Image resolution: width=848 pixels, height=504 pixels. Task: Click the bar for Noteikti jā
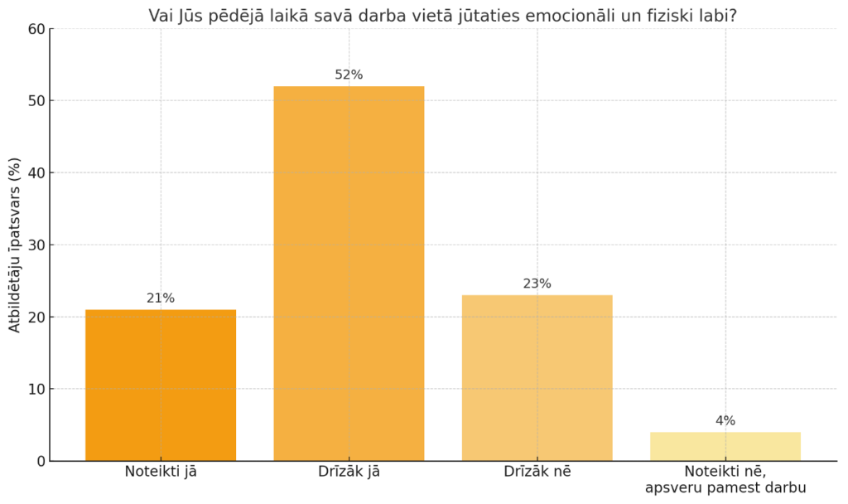pos(161,385)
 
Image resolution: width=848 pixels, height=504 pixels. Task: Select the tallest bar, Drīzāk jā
pos(349,274)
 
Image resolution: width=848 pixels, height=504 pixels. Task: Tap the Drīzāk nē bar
pos(537,377)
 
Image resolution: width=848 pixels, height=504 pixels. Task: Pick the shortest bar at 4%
pos(725,446)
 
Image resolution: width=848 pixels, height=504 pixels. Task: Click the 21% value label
pos(161,298)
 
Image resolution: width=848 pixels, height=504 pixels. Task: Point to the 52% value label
pos(349,75)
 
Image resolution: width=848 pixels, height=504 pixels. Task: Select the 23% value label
pos(537,283)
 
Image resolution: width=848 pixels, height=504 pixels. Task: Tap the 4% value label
pos(725,420)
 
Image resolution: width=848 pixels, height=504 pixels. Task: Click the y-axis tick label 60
pos(36,29)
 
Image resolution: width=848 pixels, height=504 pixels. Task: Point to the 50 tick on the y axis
pos(36,101)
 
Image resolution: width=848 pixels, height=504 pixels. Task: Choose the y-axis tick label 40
pos(36,173)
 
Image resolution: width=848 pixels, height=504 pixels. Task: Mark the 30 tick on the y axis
pos(36,245)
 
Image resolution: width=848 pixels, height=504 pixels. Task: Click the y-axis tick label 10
pos(36,389)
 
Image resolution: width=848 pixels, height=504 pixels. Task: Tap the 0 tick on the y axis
pos(40,461)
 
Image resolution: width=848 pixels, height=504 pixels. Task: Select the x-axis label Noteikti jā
pos(161,472)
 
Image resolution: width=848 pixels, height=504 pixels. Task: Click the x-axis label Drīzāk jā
pos(349,472)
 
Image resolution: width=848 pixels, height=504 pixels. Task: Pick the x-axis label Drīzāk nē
pos(537,472)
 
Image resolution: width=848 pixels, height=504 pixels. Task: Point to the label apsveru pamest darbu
pos(725,488)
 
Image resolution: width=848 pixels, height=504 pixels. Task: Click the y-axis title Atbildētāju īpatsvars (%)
pos(14,245)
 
